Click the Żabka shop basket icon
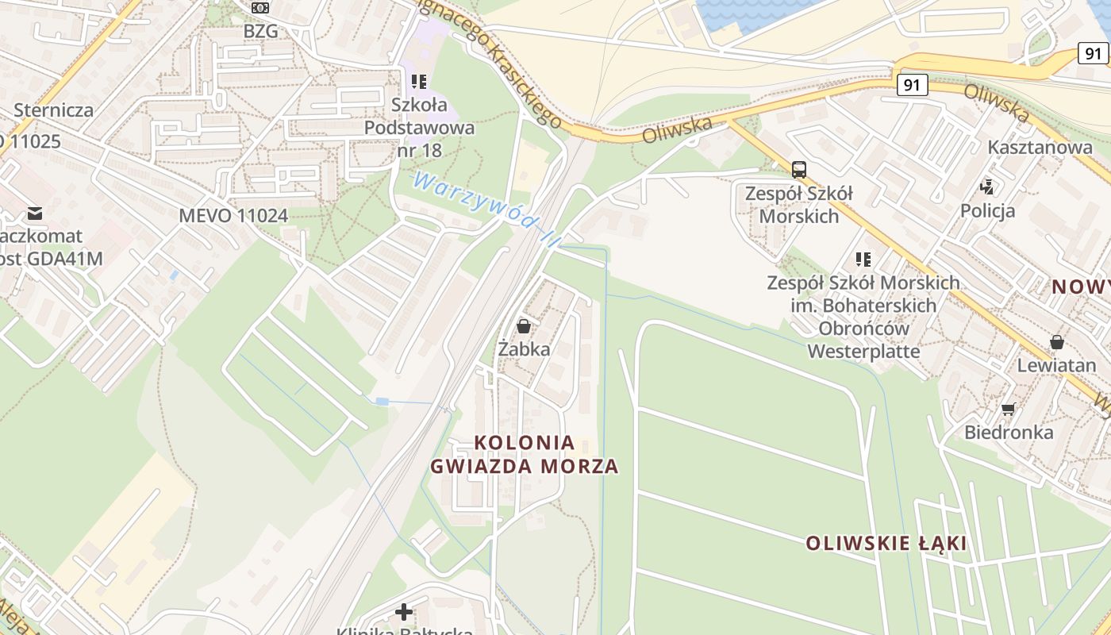tap(523, 325)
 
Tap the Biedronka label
tap(1009, 433)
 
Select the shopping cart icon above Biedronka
tap(1008, 410)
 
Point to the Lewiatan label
tap(1056, 365)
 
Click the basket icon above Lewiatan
tap(1056, 342)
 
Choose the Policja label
tap(987, 210)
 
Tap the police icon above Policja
tap(987, 187)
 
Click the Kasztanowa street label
tap(1040, 147)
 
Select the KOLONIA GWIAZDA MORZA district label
tap(524, 454)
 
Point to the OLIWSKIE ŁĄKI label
tap(886, 544)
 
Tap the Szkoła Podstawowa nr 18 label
tap(419, 127)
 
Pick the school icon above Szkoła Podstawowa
tap(419, 81)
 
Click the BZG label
tap(260, 31)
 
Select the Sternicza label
tap(54, 110)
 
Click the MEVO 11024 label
tap(233, 215)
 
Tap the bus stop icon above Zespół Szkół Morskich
tap(798, 169)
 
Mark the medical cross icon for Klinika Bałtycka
tap(404, 611)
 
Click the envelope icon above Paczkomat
tap(35, 213)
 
